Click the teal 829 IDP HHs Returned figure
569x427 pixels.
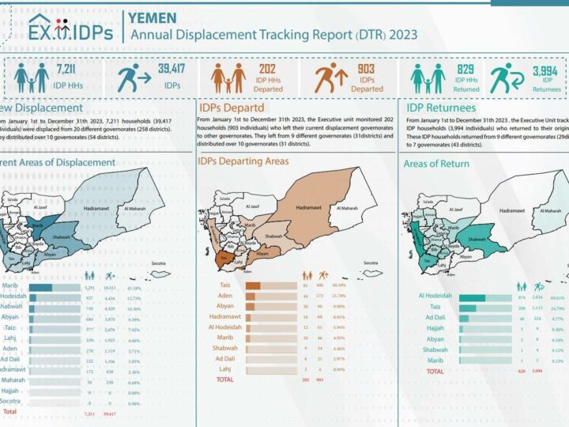click(x=465, y=70)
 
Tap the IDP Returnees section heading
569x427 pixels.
click(x=441, y=108)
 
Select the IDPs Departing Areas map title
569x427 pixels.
click(x=244, y=161)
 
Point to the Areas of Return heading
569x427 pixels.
click(x=436, y=164)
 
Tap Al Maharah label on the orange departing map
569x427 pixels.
click(x=345, y=208)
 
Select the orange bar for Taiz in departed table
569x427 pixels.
click(x=254, y=286)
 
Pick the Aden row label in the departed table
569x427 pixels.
click(x=230, y=297)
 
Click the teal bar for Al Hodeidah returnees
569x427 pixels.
click(x=473, y=297)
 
